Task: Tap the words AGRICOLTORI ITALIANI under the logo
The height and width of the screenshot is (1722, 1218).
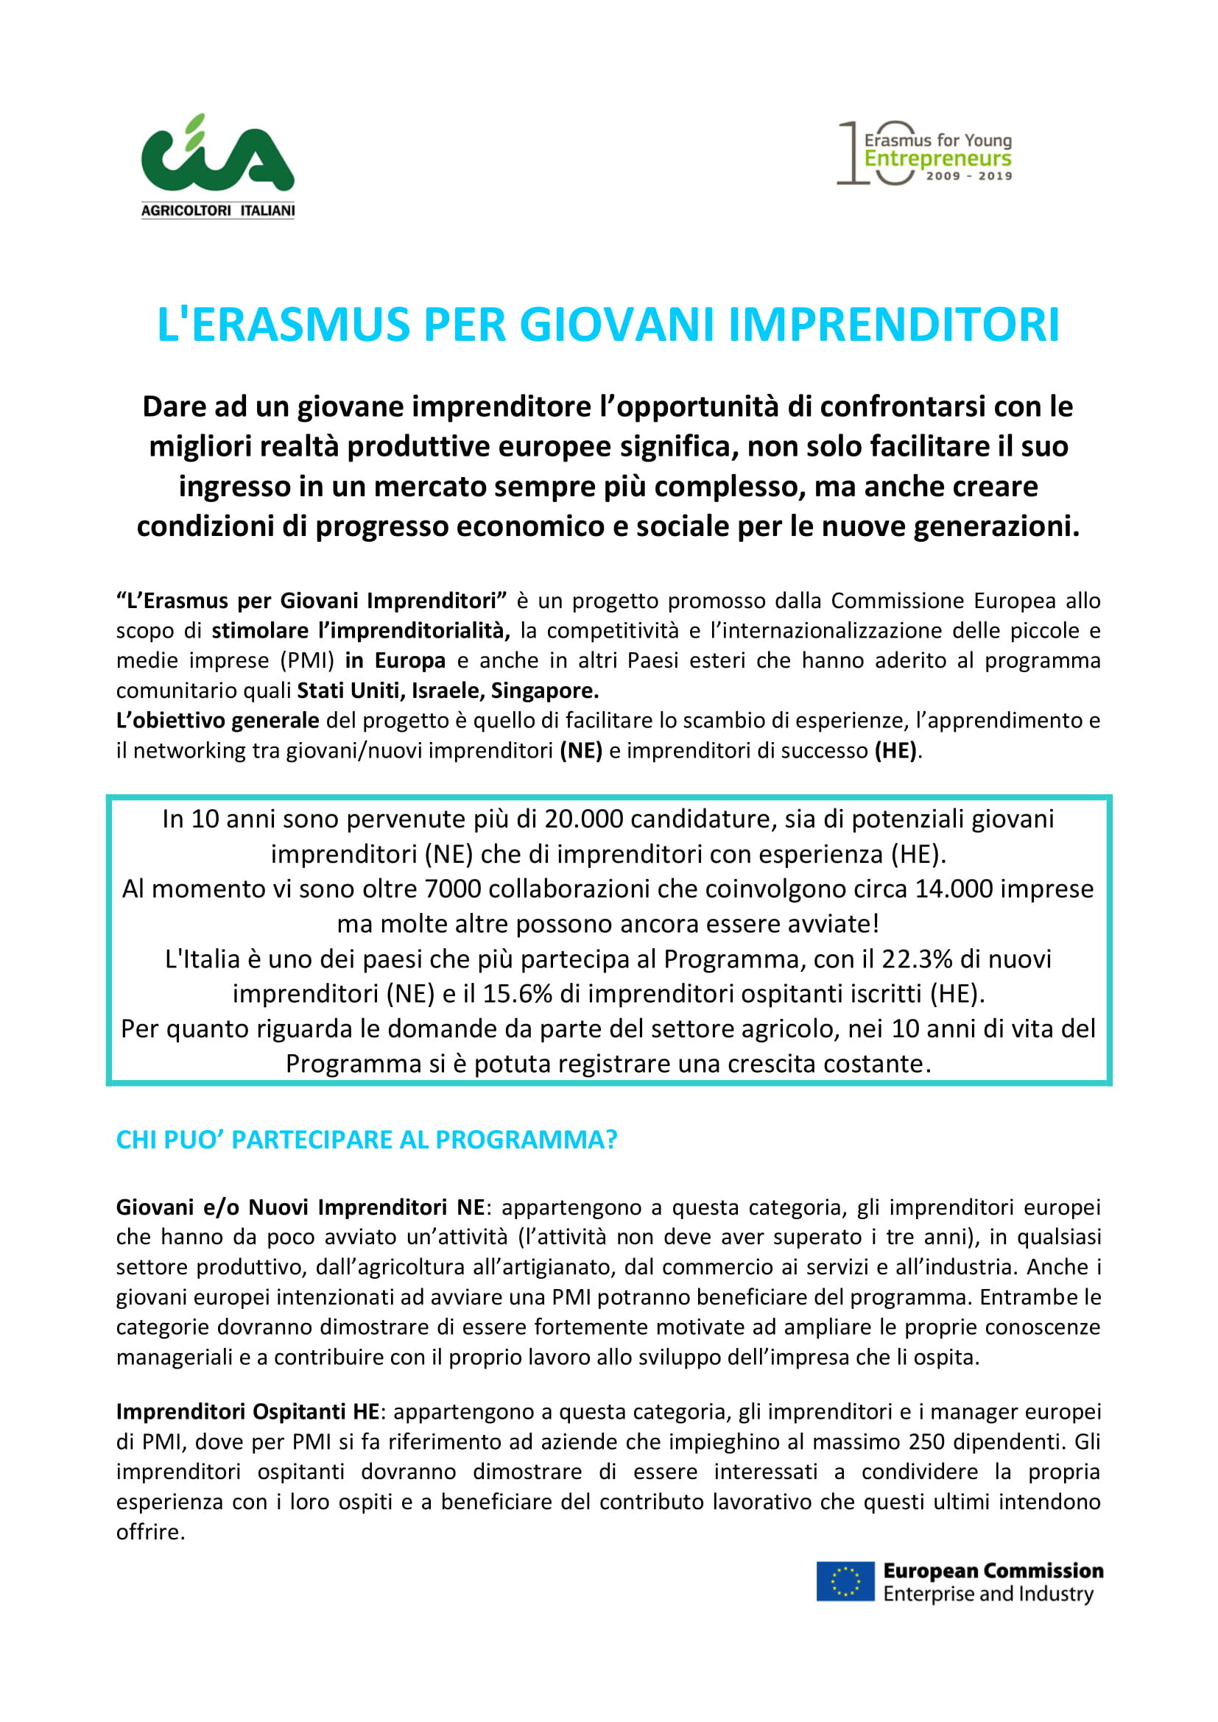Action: pyautogui.click(x=217, y=211)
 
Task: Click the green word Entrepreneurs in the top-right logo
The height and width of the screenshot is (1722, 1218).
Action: pyautogui.click(x=937, y=159)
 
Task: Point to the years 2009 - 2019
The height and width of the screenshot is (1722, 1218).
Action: pyautogui.click(x=969, y=176)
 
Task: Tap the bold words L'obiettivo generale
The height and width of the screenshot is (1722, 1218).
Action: pyautogui.click(x=217, y=720)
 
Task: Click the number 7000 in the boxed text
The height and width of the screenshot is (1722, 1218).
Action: pyautogui.click(x=451, y=889)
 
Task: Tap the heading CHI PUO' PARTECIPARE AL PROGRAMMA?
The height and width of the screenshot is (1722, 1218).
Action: pyautogui.click(x=366, y=1139)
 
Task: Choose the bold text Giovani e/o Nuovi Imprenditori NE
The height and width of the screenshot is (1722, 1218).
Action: pyautogui.click(x=300, y=1207)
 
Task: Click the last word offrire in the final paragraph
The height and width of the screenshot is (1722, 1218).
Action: pyautogui.click(x=150, y=1532)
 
